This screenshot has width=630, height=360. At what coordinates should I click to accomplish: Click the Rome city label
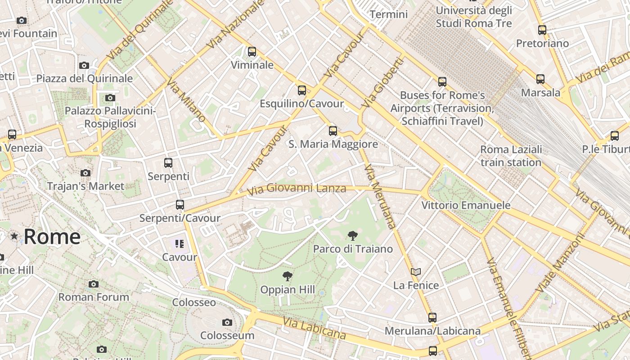pyautogui.click(x=52, y=237)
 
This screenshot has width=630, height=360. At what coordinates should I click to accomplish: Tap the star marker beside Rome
pyautogui.click(x=14, y=236)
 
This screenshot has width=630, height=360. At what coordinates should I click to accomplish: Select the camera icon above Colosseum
pyautogui.click(x=227, y=322)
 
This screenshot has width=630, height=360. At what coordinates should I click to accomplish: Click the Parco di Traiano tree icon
pyautogui.click(x=353, y=235)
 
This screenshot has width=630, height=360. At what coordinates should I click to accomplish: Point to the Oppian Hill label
pyautogui.click(x=288, y=290)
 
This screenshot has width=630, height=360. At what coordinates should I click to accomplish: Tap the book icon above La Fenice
pyautogui.click(x=416, y=272)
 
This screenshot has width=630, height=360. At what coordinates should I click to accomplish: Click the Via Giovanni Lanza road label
pyautogui.click(x=297, y=188)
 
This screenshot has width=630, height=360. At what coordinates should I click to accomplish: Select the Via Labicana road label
pyautogui.click(x=315, y=328)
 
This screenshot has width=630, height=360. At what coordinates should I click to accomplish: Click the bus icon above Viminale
pyautogui.click(x=252, y=52)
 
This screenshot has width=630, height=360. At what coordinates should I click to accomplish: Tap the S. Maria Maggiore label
pyautogui.click(x=333, y=144)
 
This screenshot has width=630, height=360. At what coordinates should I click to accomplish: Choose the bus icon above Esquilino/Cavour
pyautogui.click(x=302, y=90)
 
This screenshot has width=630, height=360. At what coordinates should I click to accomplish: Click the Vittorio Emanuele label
pyautogui.click(x=466, y=206)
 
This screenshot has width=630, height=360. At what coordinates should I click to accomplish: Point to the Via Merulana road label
pyautogui.click(x=380, y=197)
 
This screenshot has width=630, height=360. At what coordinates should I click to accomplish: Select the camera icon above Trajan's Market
pyautogui.click(x=85, y=173)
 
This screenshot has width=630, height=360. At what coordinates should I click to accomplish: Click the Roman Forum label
pyautogui.click(x=94, y=297)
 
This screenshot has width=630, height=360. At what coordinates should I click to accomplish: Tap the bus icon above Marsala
pyautogui.click(x=540, y=79)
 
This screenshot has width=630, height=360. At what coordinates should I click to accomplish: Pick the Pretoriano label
pyautogui.click(x=542, y=43)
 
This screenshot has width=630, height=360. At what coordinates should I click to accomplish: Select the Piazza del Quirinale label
pyautogui.click(x=85, y=78)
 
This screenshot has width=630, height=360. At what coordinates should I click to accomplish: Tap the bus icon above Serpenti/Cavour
pyautogui.click(x=180, y=205)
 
